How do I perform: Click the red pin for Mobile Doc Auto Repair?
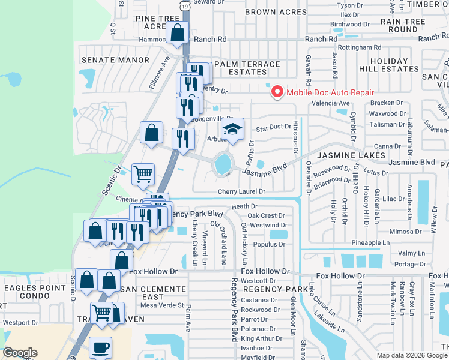click(277, 92)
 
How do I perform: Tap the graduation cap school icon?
click(232, 128)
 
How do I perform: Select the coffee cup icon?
click(100, 347)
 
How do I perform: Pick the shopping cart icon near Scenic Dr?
click(143, 174)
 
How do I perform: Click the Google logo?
click(20, 353)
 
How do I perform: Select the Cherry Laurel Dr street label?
click(242, 191)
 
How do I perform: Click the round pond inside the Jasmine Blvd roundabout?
click(223, 163)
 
